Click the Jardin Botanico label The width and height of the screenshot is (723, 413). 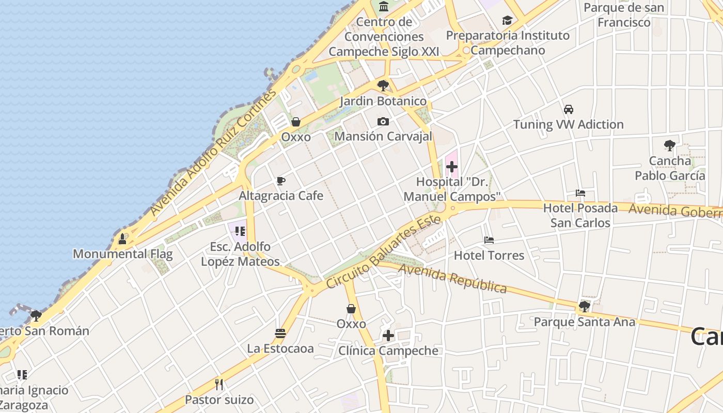click(383, 101)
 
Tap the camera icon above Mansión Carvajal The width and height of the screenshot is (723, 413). click(383, 121)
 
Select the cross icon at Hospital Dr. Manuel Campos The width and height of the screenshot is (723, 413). click(451, 167)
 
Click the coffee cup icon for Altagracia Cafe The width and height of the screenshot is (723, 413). click(280, 181)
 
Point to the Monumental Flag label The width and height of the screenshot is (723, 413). click(123, 254)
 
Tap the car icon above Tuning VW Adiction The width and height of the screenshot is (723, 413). click(569, 109)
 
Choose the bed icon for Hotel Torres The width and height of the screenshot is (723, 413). click(489, 240)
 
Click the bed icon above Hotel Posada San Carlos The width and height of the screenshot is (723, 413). click(580, 194)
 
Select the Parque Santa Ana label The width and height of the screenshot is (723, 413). click(584, 322)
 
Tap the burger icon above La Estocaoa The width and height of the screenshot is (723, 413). click(280, 333)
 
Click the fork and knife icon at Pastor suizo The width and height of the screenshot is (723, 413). click(219, 385)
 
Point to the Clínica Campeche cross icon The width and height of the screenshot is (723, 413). click(388, 336)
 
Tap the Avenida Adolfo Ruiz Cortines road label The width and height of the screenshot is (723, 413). click(213, 153)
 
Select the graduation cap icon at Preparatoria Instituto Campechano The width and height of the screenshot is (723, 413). click(508, 21)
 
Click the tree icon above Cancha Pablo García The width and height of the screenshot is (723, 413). click(670, 146)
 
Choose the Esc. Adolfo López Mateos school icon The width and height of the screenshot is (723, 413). click(240, 231)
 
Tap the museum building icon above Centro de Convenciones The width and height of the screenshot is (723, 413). click(384, 7)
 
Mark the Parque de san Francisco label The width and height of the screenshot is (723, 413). click(624, 15)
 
